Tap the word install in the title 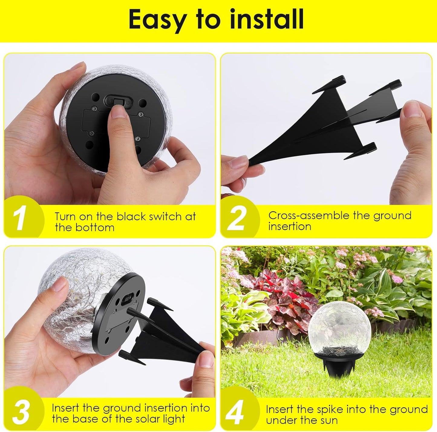point(267,19)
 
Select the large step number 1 point(20,220)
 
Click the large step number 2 point(236,219)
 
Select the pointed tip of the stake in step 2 point(251,162)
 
